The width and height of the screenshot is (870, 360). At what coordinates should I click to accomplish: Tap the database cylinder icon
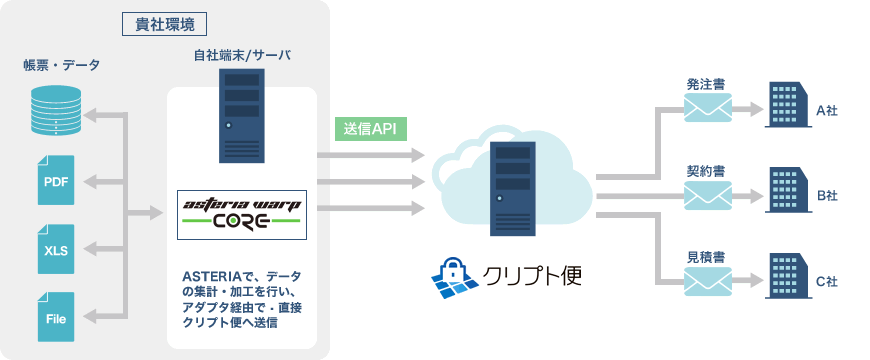pos(55,113)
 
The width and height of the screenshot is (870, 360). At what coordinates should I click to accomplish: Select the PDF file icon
pos(55,180)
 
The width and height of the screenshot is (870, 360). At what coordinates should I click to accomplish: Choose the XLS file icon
pos(55,249)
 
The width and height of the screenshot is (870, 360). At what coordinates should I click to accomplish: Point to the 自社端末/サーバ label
pos(242,56)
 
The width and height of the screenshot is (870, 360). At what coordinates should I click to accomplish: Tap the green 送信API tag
pos(371,129)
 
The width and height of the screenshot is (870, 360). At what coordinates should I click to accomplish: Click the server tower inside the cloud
pos(512,187)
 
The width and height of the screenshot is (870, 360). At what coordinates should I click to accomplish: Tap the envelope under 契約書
pos(707,194)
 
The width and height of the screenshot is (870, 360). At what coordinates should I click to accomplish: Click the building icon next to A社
pos(786,104)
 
